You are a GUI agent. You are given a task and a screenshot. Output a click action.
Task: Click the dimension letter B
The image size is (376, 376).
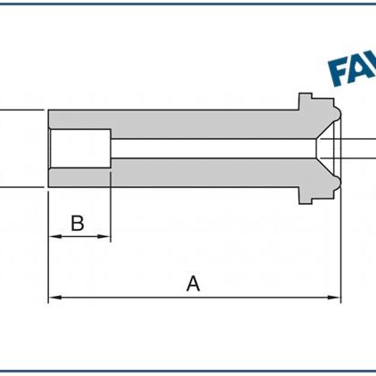(x=78, y=223)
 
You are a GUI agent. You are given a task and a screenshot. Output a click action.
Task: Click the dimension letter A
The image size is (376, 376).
(x=193, y=283)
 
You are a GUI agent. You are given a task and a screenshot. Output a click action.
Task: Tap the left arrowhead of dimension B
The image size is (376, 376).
(x=53, y=238)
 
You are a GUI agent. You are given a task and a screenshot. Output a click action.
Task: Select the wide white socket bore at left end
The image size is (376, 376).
(x=80, y=148)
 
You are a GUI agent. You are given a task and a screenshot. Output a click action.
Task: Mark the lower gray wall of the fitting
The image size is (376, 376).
(x=178, y=173)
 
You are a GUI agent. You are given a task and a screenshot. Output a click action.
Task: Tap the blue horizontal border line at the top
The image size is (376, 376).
(x=188, y=4)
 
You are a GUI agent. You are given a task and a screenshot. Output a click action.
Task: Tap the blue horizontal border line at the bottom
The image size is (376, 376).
(x=188, y=370)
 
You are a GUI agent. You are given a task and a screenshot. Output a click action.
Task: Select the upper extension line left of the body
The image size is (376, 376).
(x=22, y=110)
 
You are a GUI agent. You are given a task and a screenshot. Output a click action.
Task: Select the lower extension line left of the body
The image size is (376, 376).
(x=22, y=186)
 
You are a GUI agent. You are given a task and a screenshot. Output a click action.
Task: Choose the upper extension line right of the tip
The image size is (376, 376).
(x=360, y=138)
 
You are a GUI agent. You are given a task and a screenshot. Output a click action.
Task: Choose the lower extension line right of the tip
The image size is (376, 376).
(x=360, y=159)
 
